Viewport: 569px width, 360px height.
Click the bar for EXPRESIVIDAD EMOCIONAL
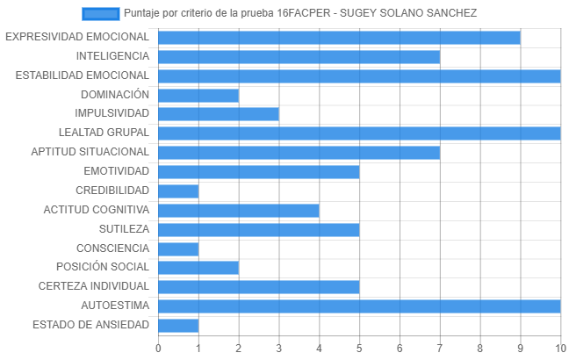point(339,38)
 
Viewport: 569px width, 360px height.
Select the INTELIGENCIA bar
point(299,57)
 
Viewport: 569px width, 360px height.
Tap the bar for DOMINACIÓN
point(198,96)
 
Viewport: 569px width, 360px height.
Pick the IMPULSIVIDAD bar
point(219,114)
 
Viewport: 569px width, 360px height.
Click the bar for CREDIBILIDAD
point(178,191)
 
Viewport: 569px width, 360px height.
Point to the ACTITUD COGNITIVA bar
point(239,211)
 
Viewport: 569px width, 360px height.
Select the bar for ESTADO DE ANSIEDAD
point(178,326)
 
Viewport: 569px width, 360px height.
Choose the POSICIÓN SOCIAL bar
point(198,268)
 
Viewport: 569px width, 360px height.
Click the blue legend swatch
point(100,14)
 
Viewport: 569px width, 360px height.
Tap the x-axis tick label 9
point(521,349)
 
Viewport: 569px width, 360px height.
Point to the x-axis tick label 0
point(158,349)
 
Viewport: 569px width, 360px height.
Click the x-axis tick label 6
point(400,349)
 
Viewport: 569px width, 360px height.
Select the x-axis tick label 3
point(278,349)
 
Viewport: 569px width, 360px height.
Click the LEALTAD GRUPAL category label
point(104,133)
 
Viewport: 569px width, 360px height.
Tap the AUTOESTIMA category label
point(115,306)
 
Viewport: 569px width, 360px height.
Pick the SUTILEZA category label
point(124,229)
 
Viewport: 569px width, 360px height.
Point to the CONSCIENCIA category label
point(113,248)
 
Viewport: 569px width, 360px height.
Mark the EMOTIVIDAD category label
point(117,171)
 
